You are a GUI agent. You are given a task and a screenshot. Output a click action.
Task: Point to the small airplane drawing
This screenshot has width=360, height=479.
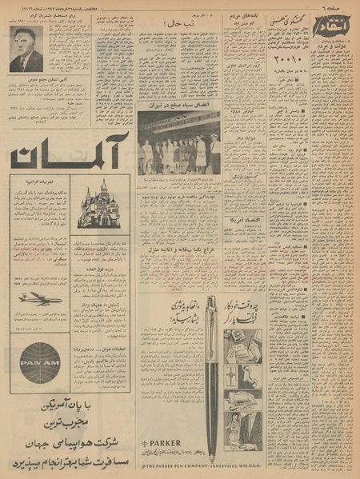pos(41,298)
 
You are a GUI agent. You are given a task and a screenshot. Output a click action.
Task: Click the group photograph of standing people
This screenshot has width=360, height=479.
pos(178,144)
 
